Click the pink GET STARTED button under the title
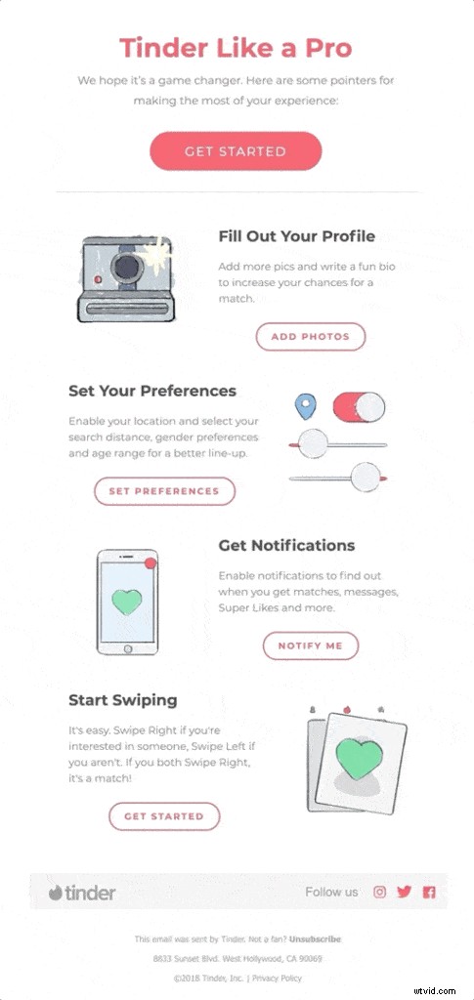(236, 151)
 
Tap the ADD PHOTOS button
(310, 337)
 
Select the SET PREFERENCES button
(164, 491)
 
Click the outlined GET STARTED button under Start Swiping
(164, 816)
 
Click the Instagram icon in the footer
(380, 892)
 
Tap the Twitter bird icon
(405, 892)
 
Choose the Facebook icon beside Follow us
(428, 892)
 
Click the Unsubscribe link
(315, 939)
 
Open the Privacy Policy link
(279, 978)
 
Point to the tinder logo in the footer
(82, 893)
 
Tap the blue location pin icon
(307, 405)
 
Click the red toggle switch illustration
(359, 407)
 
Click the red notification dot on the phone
(150, 563)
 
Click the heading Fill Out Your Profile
(296, 235)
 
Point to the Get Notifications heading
(286, 545)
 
